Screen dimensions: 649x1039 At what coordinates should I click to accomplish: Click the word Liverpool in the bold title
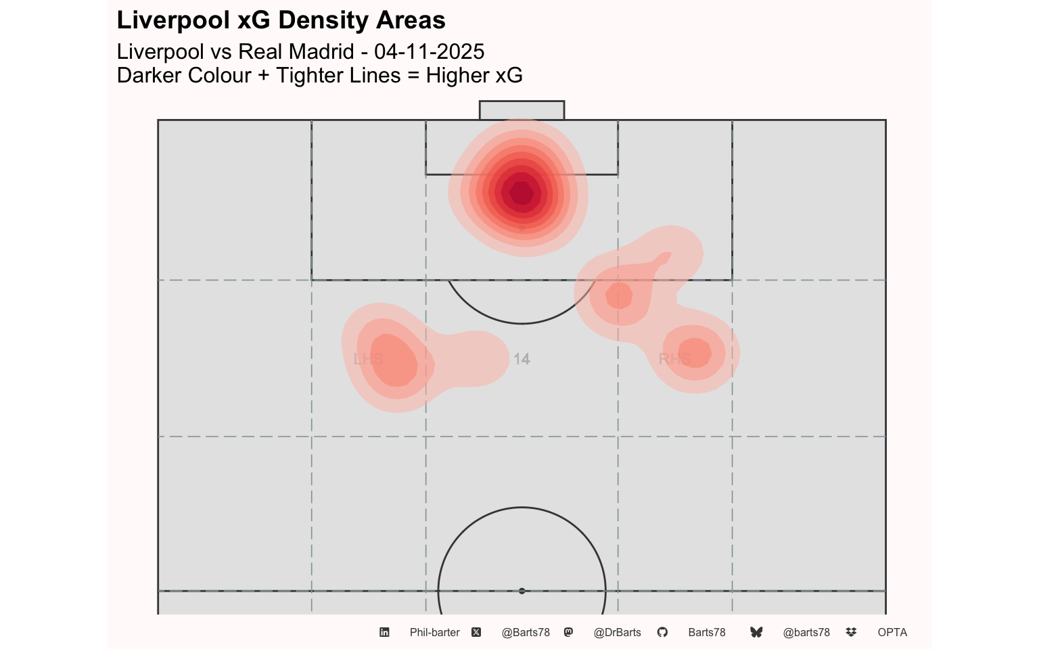click(x=172, y=20)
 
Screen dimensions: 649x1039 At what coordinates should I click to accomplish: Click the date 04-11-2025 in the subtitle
click(x=429, y=51)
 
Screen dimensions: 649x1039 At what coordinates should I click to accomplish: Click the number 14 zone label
click(x=522, y=359)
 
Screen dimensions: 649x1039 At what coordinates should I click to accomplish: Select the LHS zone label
click(x=368, y=359)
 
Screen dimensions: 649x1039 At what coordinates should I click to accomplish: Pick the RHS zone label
click(x=674, y=359)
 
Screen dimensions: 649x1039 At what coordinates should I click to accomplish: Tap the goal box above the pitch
click(x=522, y=110)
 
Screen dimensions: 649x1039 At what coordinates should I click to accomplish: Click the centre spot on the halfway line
click(x=522, y=591)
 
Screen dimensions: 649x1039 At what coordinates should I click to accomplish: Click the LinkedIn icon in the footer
click(x=384, y=632)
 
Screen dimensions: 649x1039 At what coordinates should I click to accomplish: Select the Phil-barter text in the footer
click(x=434, y=632)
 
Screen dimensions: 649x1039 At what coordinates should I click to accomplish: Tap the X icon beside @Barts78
click(x=476, y=632)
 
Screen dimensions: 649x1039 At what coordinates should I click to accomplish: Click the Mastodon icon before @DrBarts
click(x=568, y=632)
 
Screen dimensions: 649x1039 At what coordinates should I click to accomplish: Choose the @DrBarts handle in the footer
click(x=617, y=632)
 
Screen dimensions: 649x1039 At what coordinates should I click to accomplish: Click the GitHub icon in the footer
click(x=662, y=632)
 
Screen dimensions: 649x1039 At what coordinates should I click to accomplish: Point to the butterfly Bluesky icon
click(x=756, y=632)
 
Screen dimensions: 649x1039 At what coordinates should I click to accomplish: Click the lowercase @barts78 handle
click(x=806, y=632)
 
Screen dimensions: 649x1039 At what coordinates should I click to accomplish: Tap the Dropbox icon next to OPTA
click(x=851, y=632)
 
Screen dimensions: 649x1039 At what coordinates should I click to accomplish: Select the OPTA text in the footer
click(x=892, y=632)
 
